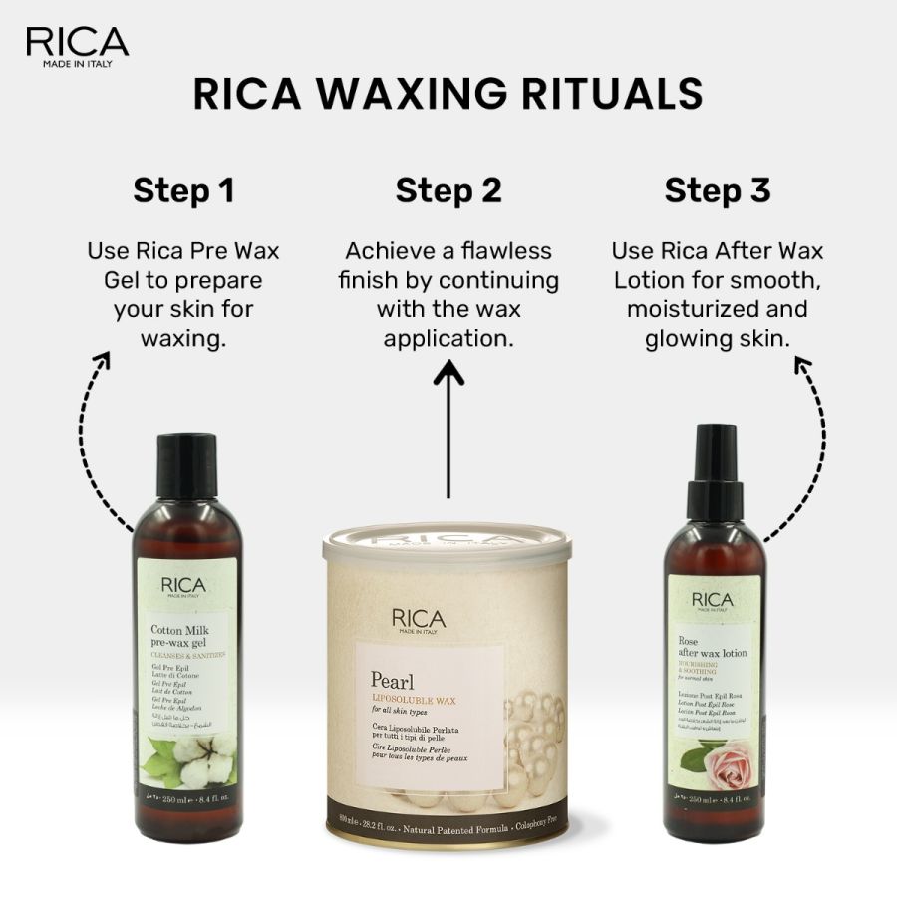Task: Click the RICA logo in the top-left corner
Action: tap(77, 46)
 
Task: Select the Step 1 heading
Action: tap(183, 190)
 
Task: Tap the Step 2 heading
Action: tap(448, 190)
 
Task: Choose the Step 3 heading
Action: tap(718, 190)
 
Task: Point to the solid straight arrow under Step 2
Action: tap(448, 429)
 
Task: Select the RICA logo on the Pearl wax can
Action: tap(419, 619)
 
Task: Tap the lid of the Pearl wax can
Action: tap(448, 548)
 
